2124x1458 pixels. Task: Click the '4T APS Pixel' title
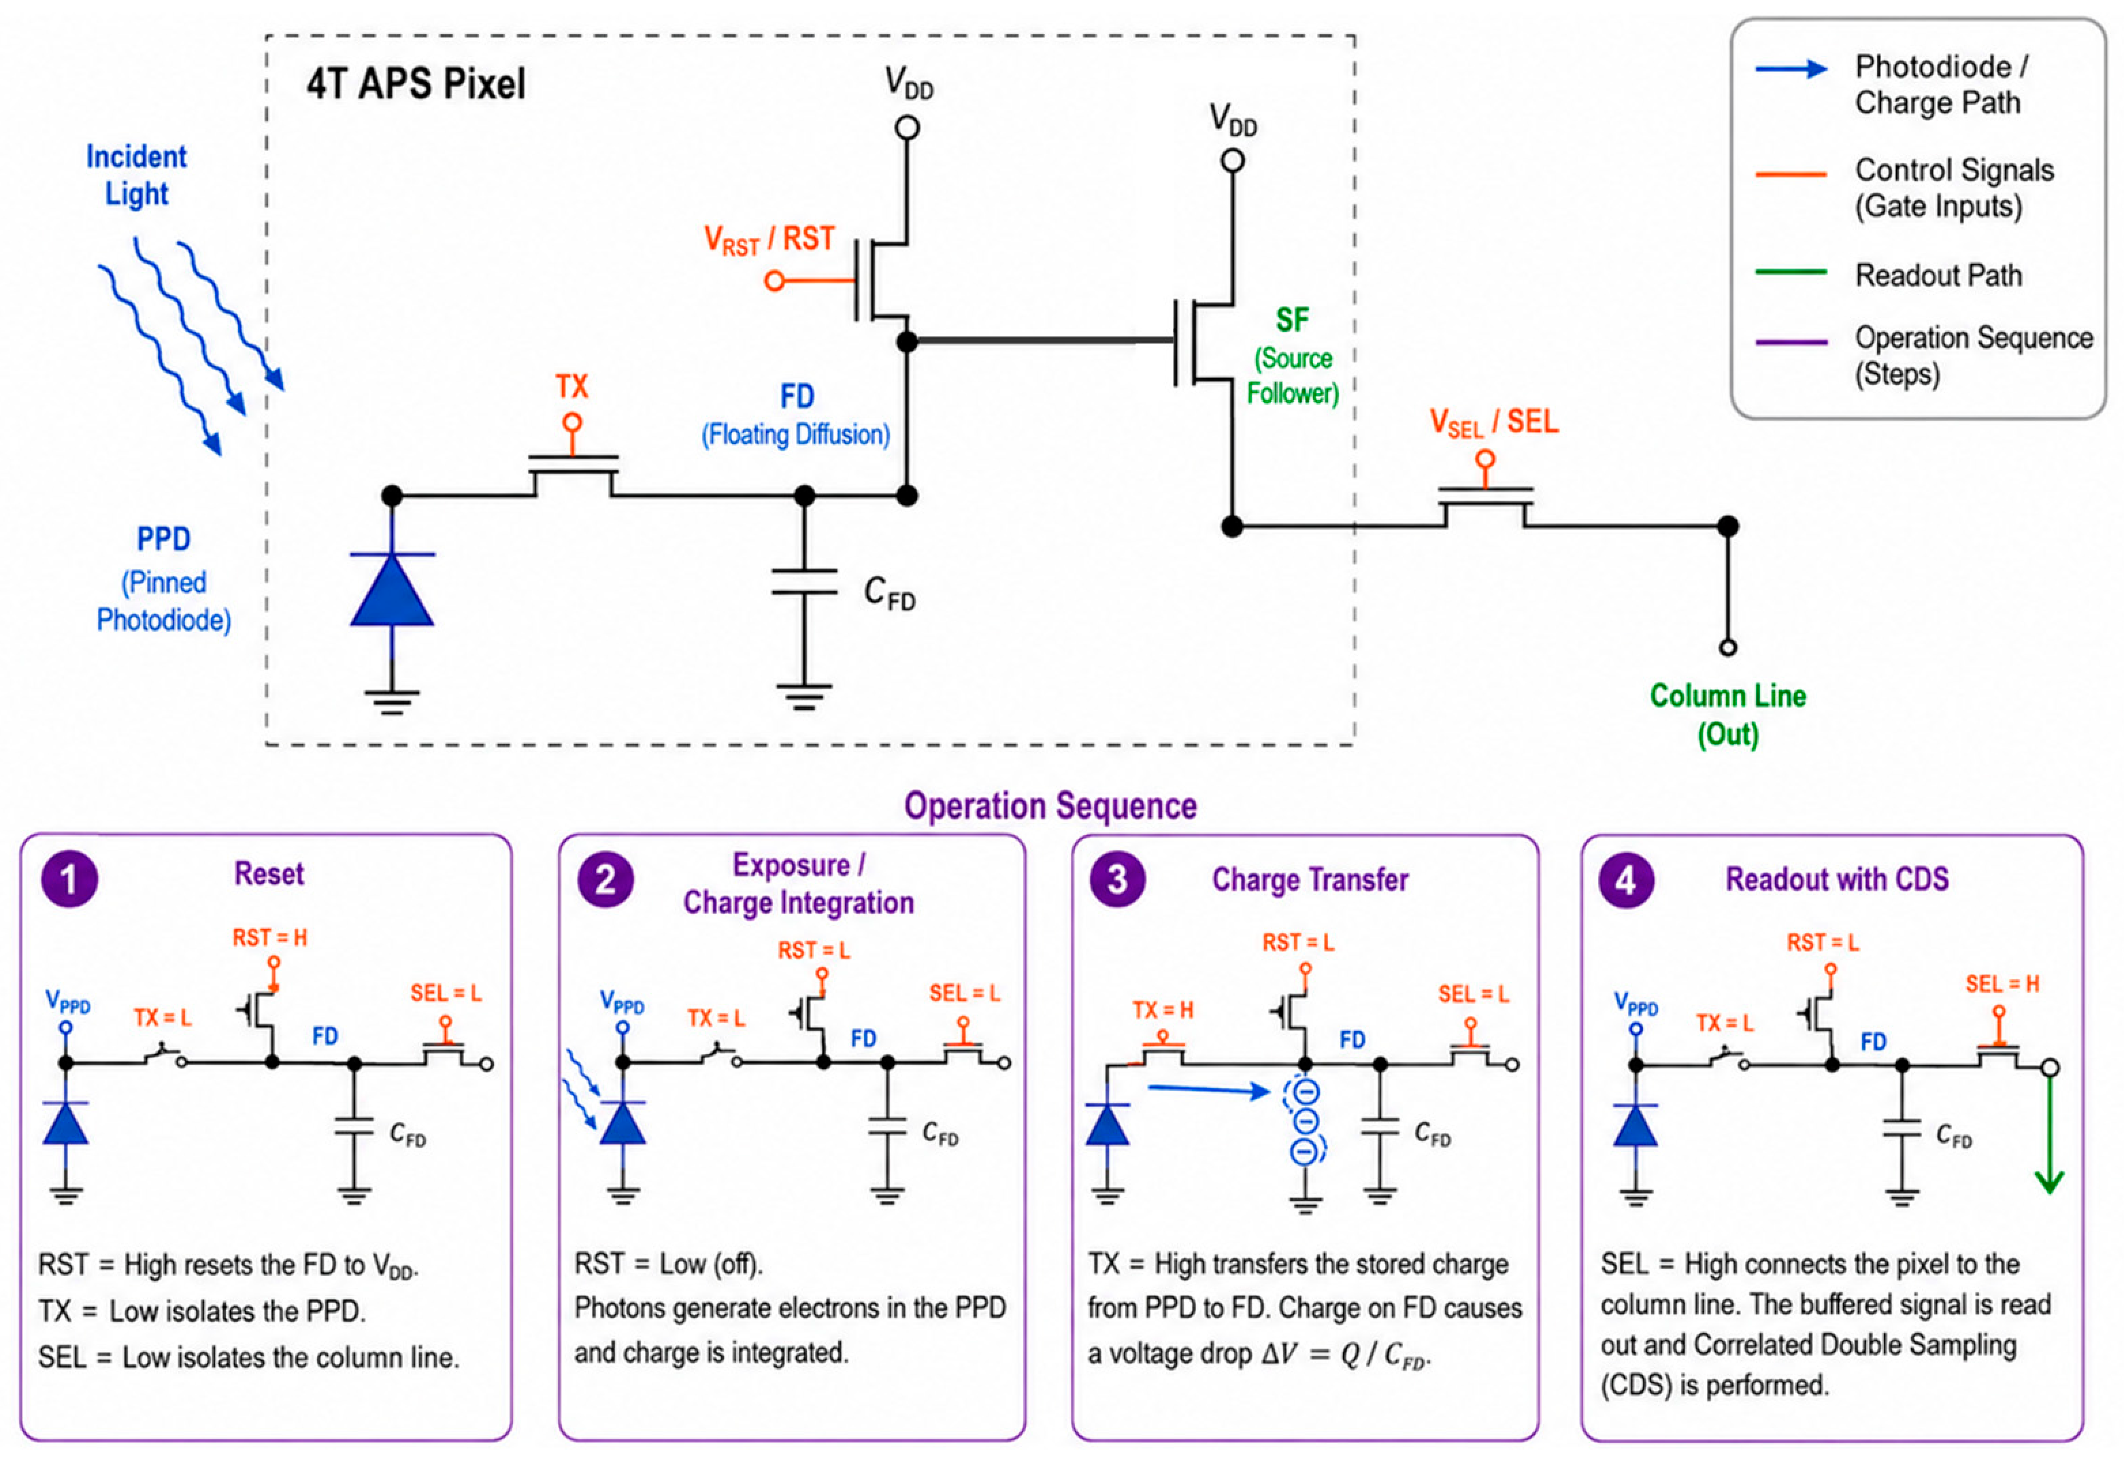tap(416, 84)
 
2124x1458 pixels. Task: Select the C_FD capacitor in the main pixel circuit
tap(804, 582)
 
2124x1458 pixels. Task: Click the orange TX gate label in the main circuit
tap(572, 386)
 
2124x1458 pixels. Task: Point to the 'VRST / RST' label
tap(769, 240)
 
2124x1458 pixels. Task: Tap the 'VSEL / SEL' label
tap(1493, 423)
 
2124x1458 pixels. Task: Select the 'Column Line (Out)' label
tap(1727, 715)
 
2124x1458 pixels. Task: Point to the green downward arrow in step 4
tap(2050, 1133)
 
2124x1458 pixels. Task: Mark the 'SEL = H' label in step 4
tap(2002, 984)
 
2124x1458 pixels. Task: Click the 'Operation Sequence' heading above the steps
tap(1051, 806)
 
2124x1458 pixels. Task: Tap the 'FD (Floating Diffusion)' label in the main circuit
tap(796, 415)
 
